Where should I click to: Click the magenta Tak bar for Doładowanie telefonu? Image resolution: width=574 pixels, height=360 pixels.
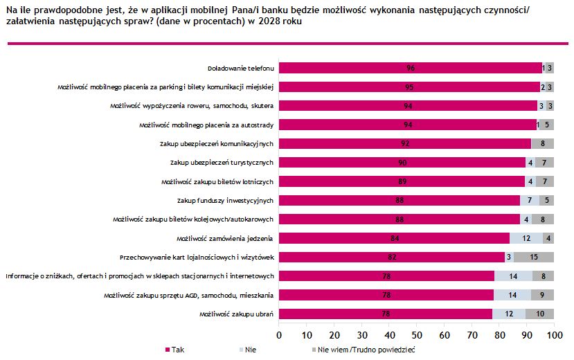(x=411, y=68)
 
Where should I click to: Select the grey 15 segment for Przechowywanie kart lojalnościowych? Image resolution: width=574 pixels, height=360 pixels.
(x=538, y=257)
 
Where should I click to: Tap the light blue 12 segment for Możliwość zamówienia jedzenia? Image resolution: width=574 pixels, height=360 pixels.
(x=527, y=238)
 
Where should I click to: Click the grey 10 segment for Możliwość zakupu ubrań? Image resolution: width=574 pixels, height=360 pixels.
(x=540, y=314)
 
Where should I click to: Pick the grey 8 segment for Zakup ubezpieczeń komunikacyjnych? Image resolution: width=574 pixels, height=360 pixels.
(x=543, y=143)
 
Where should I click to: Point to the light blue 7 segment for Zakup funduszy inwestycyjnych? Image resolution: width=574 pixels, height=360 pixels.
(x=530, y=201)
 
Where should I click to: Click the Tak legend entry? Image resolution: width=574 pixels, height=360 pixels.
(x=174, y=350)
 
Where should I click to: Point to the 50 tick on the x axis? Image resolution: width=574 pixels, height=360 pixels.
(x=416, y=334)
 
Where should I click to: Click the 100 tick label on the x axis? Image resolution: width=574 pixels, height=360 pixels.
(x=553, y=334)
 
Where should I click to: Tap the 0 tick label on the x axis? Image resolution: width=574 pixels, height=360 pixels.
(x=279, y=334)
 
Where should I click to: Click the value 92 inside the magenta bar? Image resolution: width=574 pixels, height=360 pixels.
(x=405, y=143)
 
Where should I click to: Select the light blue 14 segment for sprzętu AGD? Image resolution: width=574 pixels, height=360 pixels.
(x=512, y=295)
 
